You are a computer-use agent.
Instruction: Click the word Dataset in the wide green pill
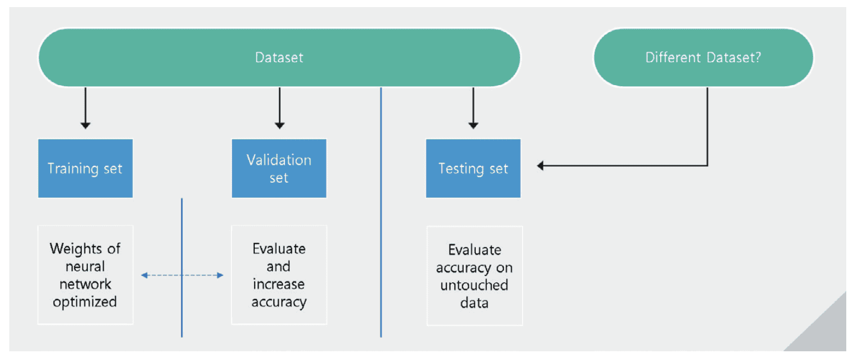279,57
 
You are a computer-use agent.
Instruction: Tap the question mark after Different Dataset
757,57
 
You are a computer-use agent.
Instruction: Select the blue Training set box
85,168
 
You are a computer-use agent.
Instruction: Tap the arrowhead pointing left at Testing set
540,166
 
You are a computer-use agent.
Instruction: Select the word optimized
85,302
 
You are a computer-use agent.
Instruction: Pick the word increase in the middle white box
278,284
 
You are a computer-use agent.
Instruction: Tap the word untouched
474,285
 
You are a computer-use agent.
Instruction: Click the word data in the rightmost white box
474,303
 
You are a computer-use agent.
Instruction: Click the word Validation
279,160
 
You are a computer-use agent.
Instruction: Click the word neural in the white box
85,267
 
